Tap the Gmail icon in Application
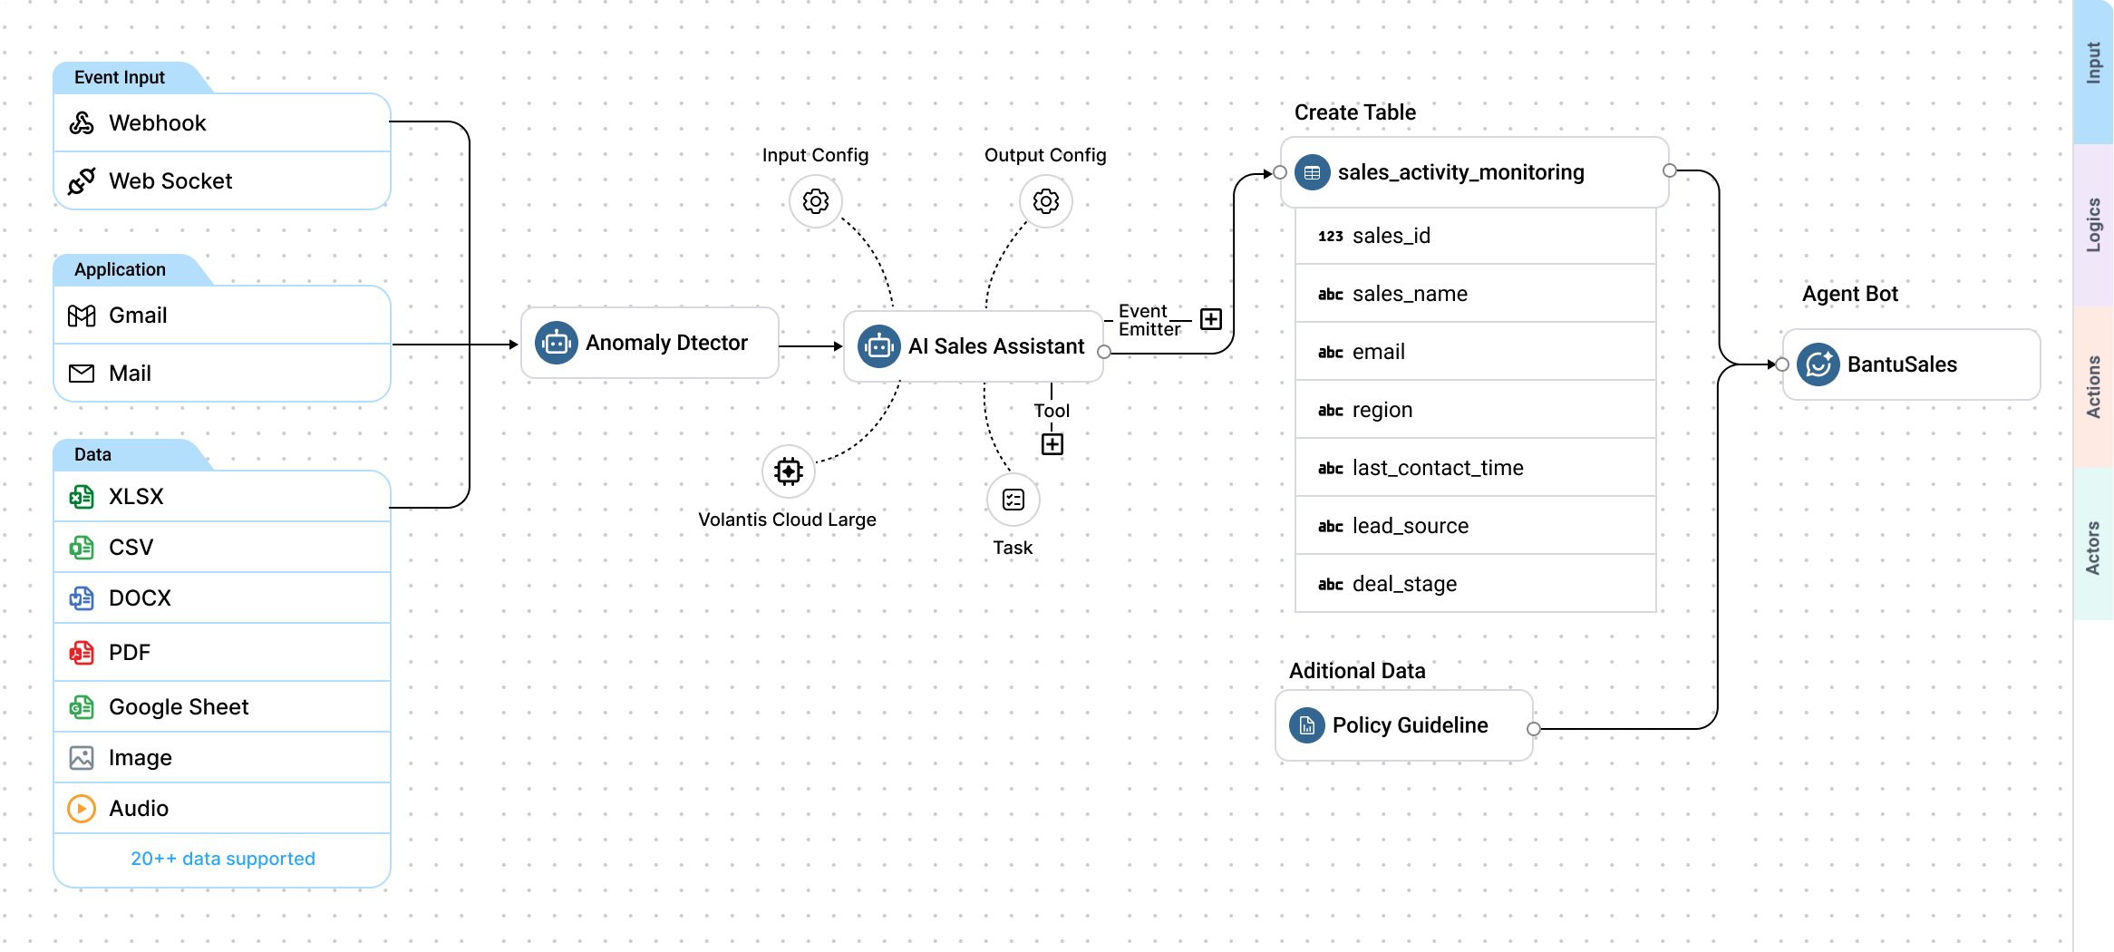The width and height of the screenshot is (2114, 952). pos(82,316)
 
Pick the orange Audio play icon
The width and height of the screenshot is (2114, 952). pos(82,809)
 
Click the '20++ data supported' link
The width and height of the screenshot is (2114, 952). pos(223,859)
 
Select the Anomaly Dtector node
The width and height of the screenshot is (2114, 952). pos(649,343)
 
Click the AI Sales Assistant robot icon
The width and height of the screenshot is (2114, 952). pos(878,346)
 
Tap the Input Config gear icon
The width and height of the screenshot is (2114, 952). pos(816,201)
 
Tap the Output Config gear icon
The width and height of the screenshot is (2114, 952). pos(1046,201)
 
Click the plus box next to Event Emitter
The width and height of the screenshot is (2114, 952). pos(1211,319)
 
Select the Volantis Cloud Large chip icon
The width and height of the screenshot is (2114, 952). pos(789,471)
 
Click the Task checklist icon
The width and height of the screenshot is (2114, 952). pos(1013,500)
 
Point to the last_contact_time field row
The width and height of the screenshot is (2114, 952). pos(1475,468)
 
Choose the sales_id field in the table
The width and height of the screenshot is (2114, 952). pos(1475,236)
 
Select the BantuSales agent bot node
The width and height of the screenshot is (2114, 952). pos(1911,364)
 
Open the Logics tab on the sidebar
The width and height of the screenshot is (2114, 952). pos(2093,225)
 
